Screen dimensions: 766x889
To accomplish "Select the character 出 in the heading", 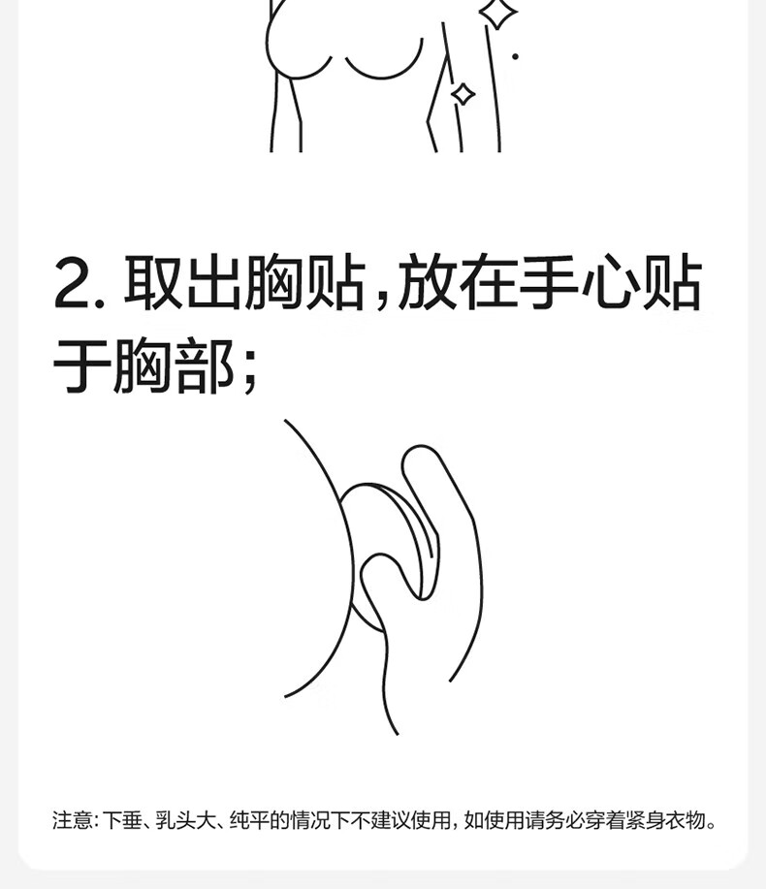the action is point(213,282).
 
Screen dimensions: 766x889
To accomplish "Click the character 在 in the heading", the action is point(489,282).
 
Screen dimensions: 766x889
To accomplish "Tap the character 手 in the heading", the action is point(550,282).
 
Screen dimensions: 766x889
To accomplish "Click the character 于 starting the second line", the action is point(80,365).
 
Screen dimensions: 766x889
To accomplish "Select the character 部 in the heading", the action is point(206,365).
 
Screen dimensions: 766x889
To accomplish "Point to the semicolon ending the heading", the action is point(249,370).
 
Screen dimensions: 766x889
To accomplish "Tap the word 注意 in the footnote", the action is point(72,820).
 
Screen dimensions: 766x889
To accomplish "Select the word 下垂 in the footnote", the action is point(122,820).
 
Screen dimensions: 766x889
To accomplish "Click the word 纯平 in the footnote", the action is point(249,820).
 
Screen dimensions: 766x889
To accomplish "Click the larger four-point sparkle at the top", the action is point(497,12).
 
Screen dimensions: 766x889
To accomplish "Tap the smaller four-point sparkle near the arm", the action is point(463,94).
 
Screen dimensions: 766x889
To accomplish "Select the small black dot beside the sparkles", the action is point(515,56).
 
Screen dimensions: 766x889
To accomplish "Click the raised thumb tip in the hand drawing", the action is point(420,451).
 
